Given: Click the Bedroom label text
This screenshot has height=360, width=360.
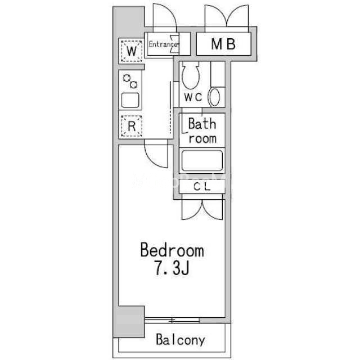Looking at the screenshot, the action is pos(172,250).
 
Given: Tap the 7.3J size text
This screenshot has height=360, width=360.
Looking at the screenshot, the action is pos(172,268).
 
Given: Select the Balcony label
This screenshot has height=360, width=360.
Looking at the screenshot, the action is pos(181,340).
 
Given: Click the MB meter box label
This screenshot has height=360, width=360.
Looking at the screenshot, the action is pos(223,44).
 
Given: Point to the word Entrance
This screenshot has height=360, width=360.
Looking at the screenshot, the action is pos(163,44).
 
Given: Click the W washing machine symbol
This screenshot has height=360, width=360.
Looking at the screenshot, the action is pos(132,51).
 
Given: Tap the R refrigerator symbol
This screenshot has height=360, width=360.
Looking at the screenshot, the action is pos(131,126).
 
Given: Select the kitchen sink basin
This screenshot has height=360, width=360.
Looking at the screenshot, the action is pos(130,100).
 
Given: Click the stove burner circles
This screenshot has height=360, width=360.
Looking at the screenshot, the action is pos(130,81).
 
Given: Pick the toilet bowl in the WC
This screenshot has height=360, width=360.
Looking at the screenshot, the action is pos(190,75).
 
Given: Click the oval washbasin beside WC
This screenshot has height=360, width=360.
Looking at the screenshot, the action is pos(214,97).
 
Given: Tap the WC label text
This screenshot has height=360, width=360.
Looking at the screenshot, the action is pos(193,97).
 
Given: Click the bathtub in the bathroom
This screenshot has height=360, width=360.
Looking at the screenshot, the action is pos(202,160).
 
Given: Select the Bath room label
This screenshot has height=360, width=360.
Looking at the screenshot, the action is pos(202,130).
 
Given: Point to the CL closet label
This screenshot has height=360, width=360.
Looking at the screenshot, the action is pos(202,186).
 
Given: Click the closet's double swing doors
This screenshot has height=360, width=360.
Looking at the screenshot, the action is pos(202,209).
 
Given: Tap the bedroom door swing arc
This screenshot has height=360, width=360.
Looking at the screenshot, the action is pos(156,156).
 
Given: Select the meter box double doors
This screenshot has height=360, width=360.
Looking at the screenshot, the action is pos(227,17).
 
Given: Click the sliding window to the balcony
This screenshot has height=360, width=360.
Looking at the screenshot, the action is pos(172,320).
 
